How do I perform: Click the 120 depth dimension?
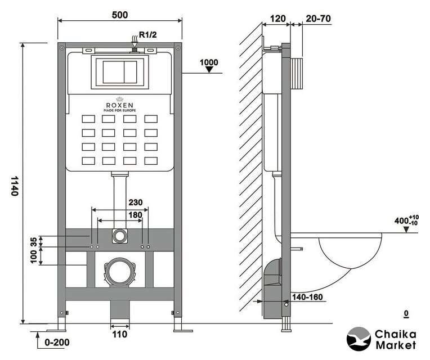click(x=277, y=19)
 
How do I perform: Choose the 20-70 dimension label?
click(x=319, y=19)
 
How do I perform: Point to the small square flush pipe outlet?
click(x=119, y=235)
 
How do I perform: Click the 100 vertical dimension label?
click(x=33, y=256)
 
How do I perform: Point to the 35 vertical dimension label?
click(x=33, y=241)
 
